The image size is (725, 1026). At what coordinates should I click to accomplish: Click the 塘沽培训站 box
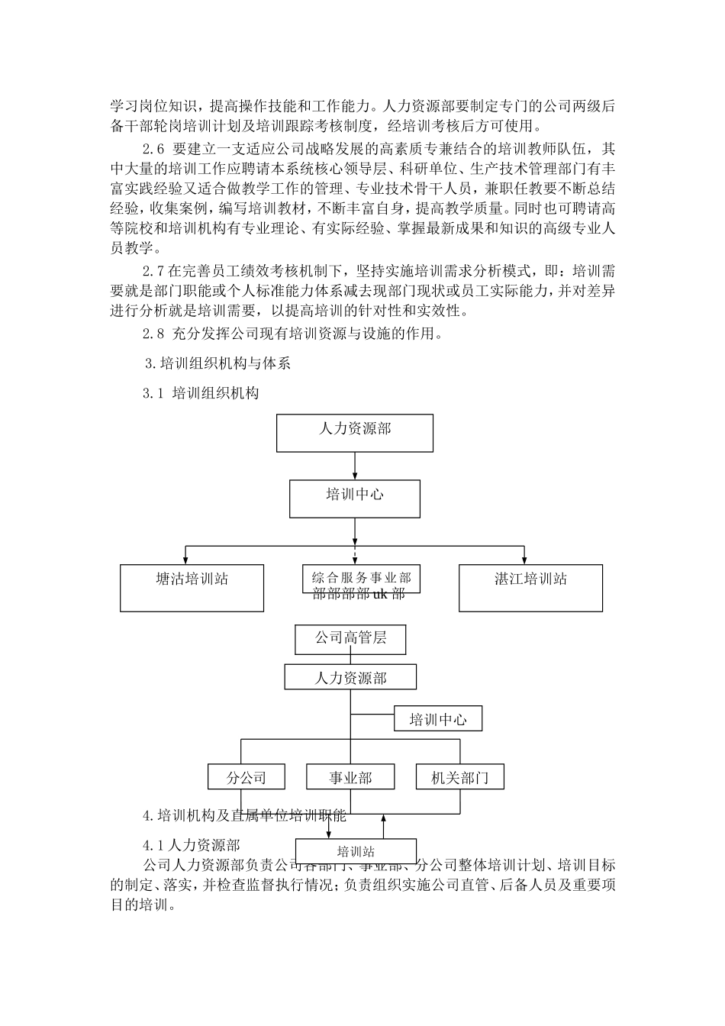tap(192, 588)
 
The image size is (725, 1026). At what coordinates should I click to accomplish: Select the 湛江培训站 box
tap(530, 588)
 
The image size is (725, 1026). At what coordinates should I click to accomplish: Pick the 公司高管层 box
tap(350, 639)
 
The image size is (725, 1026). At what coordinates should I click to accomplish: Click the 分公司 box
tap(246, 777)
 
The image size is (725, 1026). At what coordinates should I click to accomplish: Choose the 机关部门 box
tap(459, 777)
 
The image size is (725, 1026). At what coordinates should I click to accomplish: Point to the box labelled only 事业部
tap(350, 777)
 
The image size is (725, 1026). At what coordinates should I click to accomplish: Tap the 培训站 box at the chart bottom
tap(356, 851)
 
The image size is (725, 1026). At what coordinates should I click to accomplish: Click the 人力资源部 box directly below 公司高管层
tap(350, 677)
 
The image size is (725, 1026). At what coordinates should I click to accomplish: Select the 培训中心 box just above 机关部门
tap(437, 719)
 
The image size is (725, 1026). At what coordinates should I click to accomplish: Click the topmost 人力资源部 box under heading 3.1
tap(355, 433)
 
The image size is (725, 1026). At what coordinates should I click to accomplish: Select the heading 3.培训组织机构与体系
tap(217, 364)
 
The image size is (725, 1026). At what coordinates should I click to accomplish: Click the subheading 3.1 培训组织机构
tap(201, 394)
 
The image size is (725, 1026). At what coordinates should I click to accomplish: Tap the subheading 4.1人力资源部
tap(192, 845)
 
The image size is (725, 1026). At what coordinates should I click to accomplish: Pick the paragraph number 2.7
tap(153, 271)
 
